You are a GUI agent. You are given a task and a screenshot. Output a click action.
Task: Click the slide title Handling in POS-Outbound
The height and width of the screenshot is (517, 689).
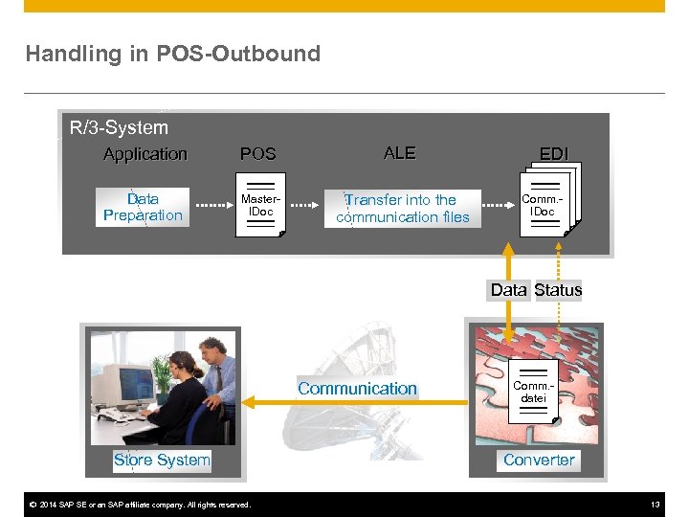coord(173,54)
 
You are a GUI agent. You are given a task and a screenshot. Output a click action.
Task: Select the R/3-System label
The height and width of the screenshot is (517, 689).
coord(119,127)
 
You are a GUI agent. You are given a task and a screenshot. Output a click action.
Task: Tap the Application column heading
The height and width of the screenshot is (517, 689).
coord(145,154)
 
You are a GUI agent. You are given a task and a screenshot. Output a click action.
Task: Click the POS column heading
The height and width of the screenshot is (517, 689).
coord(257,154)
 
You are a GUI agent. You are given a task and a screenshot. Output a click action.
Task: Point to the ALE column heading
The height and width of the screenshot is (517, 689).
coord(399,153)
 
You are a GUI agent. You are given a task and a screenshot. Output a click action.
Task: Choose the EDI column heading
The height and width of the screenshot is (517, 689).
coord(553,154)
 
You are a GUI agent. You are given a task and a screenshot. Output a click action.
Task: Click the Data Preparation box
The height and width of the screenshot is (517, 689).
coord(143,207)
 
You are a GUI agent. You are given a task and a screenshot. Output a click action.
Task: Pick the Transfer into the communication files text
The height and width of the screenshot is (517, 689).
coord(402,208)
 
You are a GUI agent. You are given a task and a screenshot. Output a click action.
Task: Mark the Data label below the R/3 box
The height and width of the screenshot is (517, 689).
coord(508,290)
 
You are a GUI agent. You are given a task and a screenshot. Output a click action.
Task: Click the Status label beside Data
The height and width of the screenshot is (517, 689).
coord(558,290)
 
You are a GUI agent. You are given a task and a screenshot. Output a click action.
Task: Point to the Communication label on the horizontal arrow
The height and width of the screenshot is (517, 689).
coord(357,389)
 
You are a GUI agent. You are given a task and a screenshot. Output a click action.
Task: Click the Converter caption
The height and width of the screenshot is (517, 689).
coord(539,460)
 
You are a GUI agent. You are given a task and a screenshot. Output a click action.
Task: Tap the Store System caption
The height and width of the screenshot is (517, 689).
coord(162,460)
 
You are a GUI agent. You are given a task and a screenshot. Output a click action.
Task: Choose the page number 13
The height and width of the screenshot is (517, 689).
coord(656,505)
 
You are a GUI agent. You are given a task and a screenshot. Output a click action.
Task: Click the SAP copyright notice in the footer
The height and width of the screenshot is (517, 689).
coord(140,505)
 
